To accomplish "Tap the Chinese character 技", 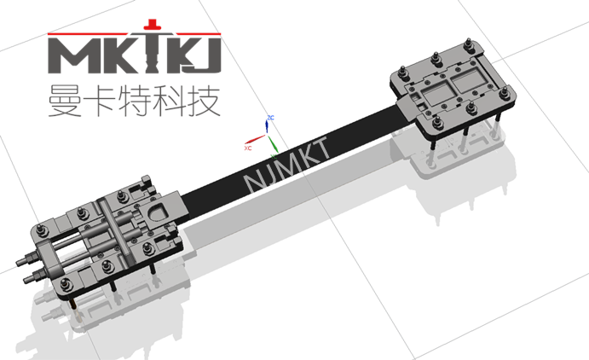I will click(210, 100).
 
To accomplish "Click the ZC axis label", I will click(270, 117).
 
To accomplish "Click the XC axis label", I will click(248, 148).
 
